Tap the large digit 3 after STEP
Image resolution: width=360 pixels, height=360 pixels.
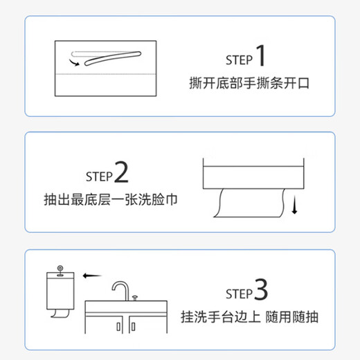260,292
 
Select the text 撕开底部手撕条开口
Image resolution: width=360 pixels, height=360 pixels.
249,84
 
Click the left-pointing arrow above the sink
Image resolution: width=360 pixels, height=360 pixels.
87,275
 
